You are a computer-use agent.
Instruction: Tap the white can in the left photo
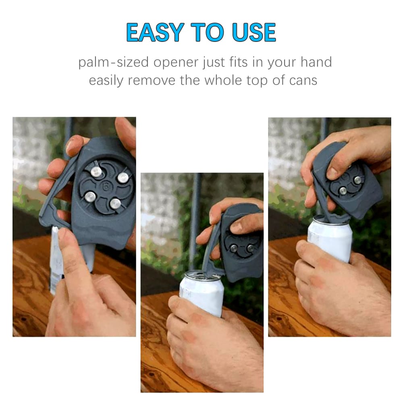click(56, 262)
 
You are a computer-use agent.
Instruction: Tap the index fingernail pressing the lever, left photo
click(63, 233)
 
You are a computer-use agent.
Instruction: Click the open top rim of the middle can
click(201, 275)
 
